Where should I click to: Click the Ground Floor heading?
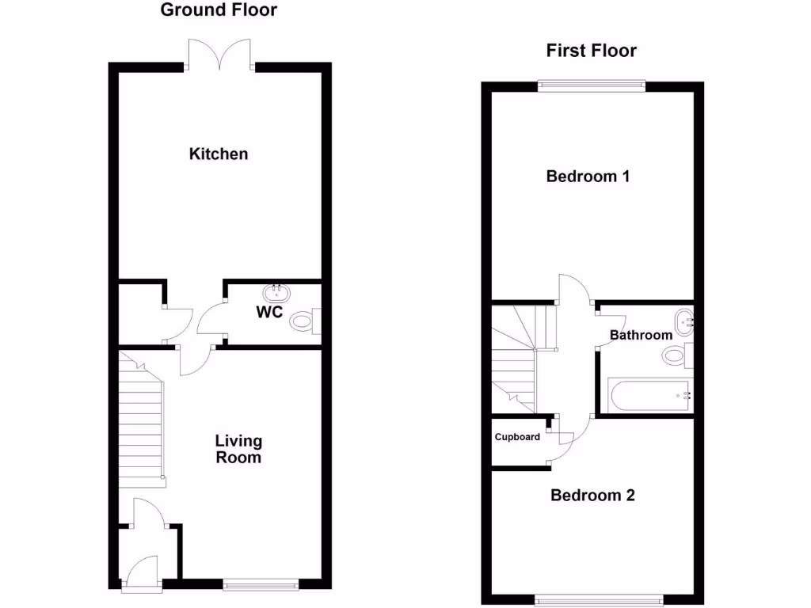point(219,10)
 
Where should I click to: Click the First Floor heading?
point(591,51)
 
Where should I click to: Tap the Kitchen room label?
point(219,154)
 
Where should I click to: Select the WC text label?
point(269,312)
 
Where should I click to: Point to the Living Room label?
point(238,449)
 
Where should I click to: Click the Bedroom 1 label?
point(588,176)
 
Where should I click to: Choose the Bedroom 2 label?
point(592,496)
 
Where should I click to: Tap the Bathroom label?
point(641,335)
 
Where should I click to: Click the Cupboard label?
point(517,437)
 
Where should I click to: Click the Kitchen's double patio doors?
point(221,55)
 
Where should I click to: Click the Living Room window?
point(261,585)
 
